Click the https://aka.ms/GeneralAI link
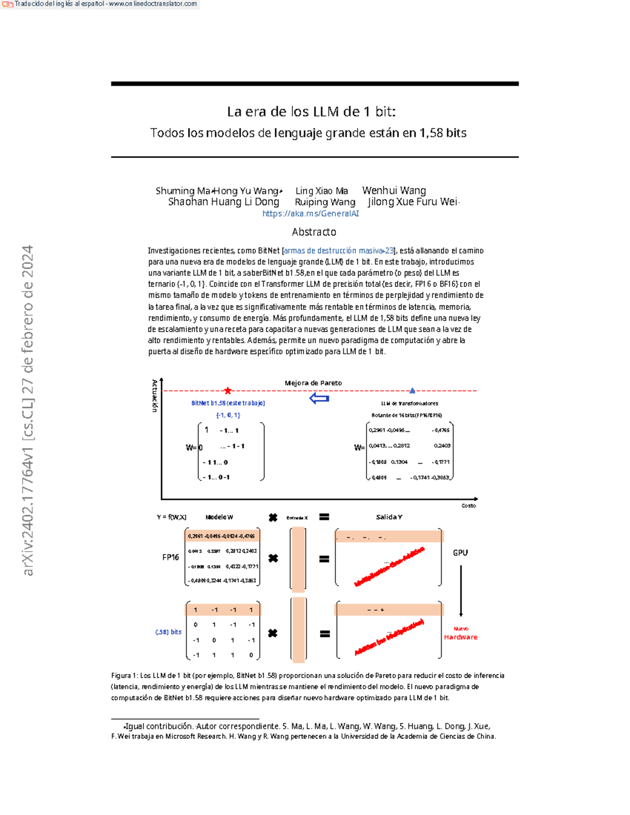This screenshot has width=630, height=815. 310,214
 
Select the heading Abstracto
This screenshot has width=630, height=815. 314,232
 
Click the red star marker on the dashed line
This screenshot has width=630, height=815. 228,390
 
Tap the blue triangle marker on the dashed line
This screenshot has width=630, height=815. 412,390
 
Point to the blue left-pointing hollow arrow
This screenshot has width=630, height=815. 319,399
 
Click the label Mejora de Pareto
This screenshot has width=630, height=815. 313,383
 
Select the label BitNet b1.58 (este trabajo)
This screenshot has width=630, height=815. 228,403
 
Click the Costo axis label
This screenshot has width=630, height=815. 468,506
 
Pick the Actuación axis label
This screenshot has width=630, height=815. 154,396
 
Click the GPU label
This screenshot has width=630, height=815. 460,553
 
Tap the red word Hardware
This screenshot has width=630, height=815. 460,637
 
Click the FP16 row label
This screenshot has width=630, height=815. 170,557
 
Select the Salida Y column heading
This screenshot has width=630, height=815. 389,517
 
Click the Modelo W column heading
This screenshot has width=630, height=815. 219,517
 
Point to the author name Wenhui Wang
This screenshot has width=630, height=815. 394,190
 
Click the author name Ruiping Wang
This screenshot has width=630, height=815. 325,202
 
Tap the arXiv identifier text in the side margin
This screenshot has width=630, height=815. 27,409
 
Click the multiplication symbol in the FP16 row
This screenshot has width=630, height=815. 273,558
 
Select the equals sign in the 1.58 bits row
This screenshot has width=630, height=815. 325,634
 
